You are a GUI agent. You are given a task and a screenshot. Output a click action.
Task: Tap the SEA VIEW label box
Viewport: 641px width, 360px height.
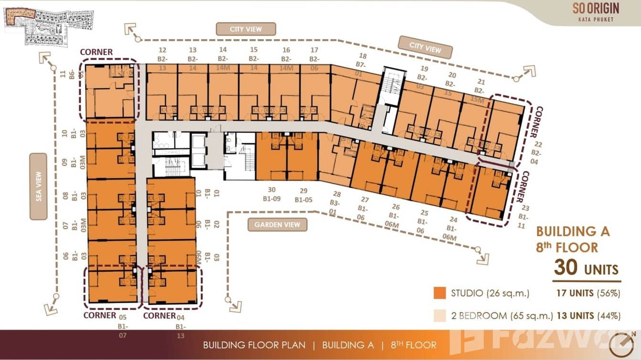38,186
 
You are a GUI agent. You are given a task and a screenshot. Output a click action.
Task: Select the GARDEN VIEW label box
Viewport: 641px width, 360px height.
277,224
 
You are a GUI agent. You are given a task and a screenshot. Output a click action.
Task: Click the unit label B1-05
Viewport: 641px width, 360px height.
303,200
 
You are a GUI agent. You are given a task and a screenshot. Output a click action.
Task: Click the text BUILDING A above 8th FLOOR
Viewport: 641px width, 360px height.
573,232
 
